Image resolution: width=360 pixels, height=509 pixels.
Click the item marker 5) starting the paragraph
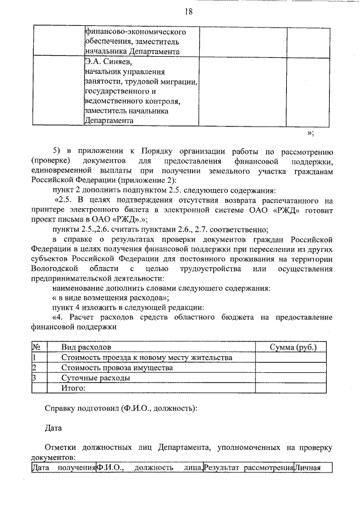click(x=57, y=151)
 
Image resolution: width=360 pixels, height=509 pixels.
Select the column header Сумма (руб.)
click(x=292, y=347)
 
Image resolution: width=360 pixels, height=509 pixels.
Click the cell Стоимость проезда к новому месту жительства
click(x=146, y=358)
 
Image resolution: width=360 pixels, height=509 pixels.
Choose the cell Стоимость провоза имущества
click(x=116, y=368)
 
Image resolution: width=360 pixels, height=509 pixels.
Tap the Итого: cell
click(x=73, y=388)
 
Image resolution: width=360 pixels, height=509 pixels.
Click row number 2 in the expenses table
click(x=34, y=368)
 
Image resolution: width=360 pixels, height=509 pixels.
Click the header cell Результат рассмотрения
click(x=248, y=467)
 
